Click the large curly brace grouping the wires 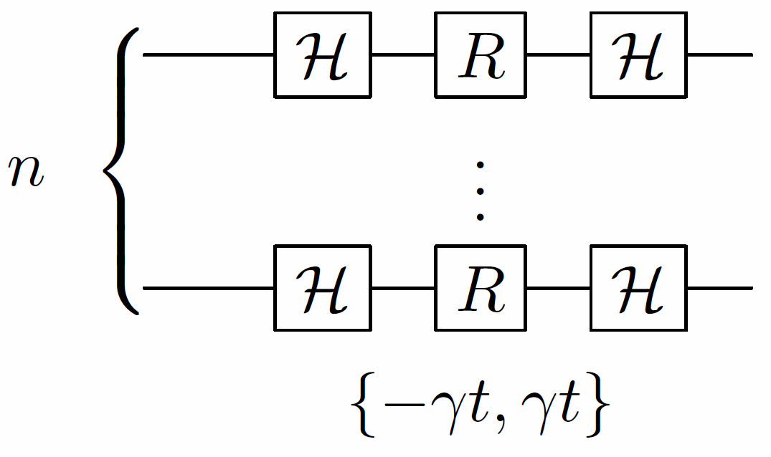coord(121,172)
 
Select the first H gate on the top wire coord(322,54)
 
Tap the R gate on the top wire coord(481,54)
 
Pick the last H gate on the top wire coord(639,54)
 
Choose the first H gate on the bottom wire coord(322,288)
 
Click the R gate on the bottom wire coord(481,288)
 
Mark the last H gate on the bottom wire coord(639,288)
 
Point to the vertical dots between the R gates coord(481,190)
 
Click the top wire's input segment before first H coord(208,54)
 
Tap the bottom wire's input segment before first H coord(208,288)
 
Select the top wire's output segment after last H coord(719,54)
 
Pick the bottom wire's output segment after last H coord(719,288)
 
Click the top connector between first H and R coord(403,54)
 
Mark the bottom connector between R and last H coord(559,288)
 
